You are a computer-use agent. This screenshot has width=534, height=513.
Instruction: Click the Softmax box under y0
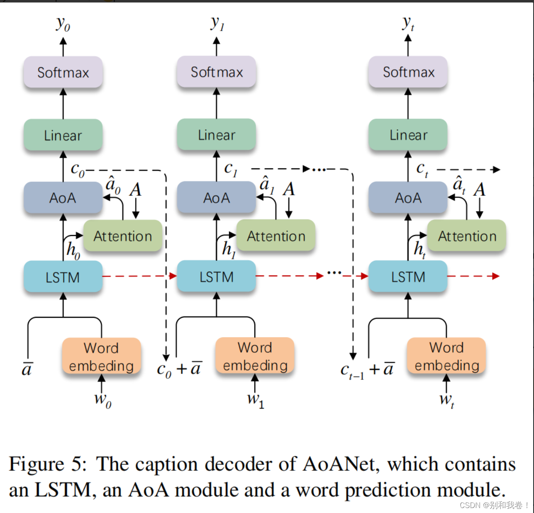pos(63,72)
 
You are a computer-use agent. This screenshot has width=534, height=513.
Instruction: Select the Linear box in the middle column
pos(216,135)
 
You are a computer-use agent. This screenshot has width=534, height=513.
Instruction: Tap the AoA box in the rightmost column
pos(408,198)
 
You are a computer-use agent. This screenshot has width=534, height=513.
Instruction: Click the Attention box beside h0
pos(122,236)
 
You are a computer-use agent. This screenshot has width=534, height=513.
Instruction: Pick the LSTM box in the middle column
pos(216,277)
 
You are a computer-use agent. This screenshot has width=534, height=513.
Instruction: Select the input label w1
pos(255,399)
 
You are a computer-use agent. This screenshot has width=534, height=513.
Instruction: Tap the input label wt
pos(446,400)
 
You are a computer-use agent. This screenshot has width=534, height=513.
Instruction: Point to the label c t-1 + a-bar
pos(367,369)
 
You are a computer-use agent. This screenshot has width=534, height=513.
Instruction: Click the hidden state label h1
pos(228,249)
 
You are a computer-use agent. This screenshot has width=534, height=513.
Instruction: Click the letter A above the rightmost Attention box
pos(479,190)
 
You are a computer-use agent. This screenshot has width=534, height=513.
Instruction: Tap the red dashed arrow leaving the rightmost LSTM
pos(473,276)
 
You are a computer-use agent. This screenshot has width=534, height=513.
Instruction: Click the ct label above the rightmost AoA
pos(422,169)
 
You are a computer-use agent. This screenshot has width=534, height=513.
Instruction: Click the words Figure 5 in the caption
pos(47,464)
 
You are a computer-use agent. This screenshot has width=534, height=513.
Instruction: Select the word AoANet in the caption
pos(340,464)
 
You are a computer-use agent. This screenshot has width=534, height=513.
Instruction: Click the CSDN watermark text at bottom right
pos(494,505)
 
